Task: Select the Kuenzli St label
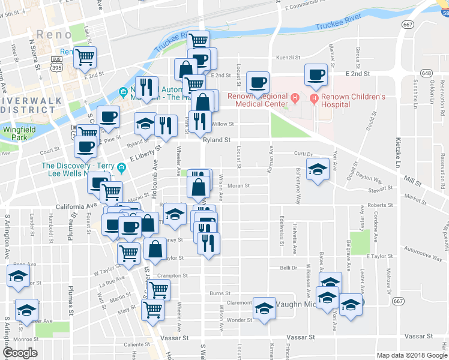[288, 58]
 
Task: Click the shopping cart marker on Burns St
[158, 290]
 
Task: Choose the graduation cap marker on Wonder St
[264, 308]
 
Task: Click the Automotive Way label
[423, 253]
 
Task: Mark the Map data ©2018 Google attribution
[412, 355]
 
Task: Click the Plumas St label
[70, 232]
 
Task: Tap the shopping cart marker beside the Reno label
[85, 57]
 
